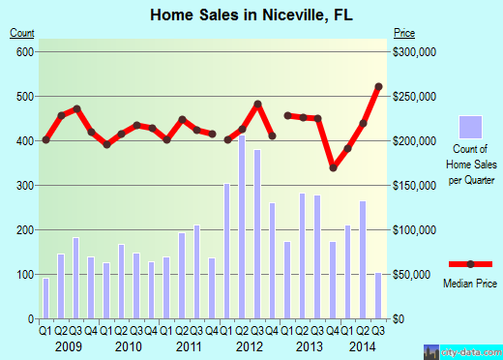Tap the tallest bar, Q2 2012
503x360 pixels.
[x=242, y=226]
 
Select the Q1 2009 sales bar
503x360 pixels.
[x=45, y=298]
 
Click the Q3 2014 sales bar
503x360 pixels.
[x=378, y=295]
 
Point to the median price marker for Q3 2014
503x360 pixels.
[x=378, y=87]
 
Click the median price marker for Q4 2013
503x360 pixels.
[x=334, y=167]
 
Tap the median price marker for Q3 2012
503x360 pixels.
[x=258, y=105]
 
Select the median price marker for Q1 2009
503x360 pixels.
[x=45, y=140]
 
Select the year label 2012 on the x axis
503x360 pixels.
[x=250, y=345]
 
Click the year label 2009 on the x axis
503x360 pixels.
[x=69, y=345]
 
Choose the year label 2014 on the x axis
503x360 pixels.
[x=364, y=345]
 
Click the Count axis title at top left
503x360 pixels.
[x=21, y=33]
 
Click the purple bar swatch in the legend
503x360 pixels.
[x=470, y=127]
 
